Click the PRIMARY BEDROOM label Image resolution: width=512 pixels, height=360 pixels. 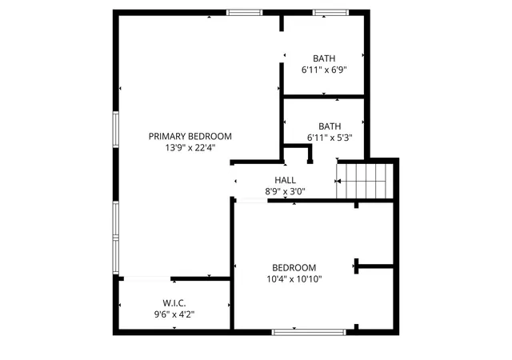point(190,136)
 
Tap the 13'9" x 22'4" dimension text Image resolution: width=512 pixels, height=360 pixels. point(190,147)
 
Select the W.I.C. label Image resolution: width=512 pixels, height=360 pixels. point(174,303)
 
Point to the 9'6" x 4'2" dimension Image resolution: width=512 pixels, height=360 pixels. point(174,314)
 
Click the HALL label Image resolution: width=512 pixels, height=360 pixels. point(285,181)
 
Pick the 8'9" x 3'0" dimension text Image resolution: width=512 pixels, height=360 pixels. point(285,191)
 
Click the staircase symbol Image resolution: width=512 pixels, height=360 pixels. point(366,181)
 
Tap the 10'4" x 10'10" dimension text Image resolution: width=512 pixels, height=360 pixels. point(294,278)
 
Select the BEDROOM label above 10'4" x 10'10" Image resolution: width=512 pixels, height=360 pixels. point(294,267)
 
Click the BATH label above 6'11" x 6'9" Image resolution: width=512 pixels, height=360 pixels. point(324,58)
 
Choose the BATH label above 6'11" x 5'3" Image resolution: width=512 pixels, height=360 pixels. point(330,126)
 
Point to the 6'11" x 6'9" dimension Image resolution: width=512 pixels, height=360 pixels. point(324,70)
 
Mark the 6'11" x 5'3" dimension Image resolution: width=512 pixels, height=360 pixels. point(330,138)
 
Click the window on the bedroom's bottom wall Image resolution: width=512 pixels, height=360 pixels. point(298,330)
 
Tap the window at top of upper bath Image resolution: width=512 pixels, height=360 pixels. point(330,12)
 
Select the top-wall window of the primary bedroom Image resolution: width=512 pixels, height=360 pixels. point(244,12)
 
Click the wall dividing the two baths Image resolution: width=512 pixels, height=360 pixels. point(324,97)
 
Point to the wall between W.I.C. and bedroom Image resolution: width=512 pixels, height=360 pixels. point(232,304)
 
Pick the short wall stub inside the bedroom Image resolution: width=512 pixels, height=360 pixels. point(373,266)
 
